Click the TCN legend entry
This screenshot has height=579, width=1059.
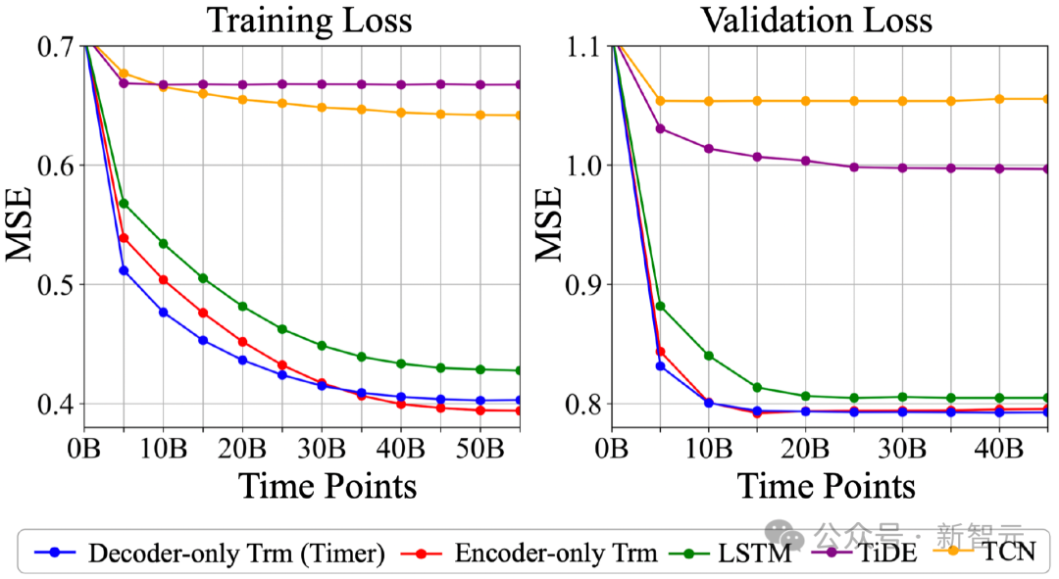[1009, 554]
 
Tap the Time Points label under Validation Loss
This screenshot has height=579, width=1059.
[827, 486]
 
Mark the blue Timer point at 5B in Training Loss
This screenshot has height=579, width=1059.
[124, 270]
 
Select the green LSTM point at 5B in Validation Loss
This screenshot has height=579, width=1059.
[660, 306]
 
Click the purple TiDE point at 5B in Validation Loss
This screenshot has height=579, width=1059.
[660, 128]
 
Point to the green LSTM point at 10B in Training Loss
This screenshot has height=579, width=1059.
[163, 243]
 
